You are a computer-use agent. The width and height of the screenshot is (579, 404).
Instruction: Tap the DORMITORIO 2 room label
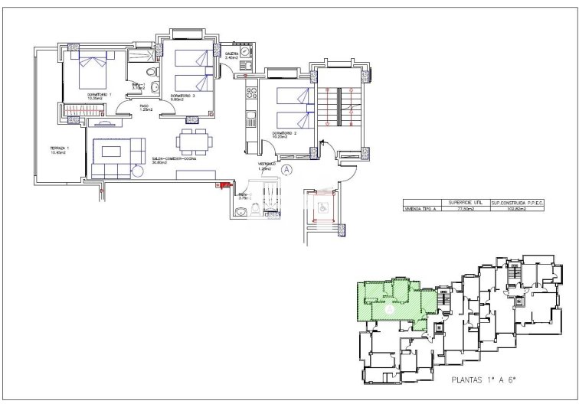[x=283, y=135]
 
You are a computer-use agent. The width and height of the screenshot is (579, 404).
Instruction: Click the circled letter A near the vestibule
[x=286, y=169]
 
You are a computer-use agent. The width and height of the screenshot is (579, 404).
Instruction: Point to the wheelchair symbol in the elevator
[x=322, y=206]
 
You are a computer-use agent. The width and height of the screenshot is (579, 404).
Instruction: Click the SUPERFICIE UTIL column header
[x=466, y=201]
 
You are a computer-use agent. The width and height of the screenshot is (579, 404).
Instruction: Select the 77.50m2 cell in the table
[x=466, y=208]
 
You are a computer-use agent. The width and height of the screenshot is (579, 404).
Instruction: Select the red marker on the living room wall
[x=225, y=184]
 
